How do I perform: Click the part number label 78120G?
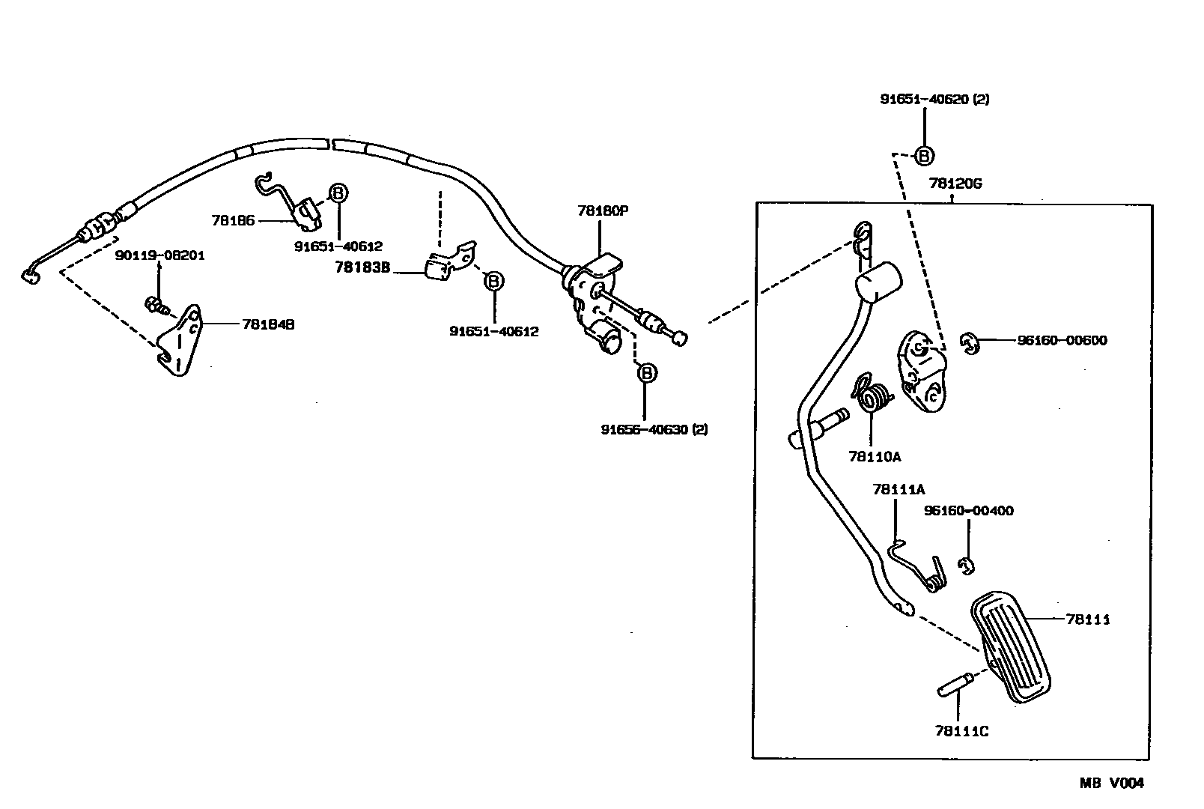click(x=955, y=184)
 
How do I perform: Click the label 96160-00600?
click(x=1062, y=340)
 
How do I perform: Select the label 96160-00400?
click(x=968, y=511)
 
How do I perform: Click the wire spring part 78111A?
click(x=917, y=566)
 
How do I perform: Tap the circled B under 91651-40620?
click(x=925, y=156)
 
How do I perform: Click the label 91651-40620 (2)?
click(x=934, y=99)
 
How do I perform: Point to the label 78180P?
click(x=602, y=210)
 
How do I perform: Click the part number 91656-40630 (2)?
click(x=654, y=430)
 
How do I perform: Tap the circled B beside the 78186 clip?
click(x=338, y=193)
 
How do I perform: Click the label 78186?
click(x=233, y=220)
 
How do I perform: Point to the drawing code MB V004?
click(x=1111, y=784)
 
